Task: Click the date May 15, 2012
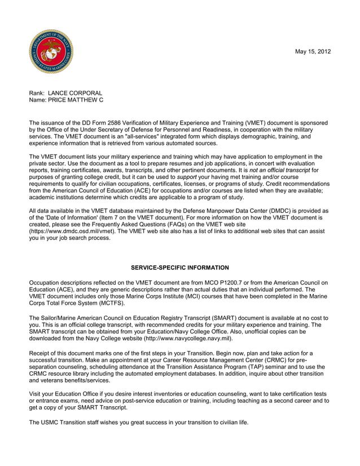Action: (x=313, y=52)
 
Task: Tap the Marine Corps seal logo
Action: (x=51, y=52)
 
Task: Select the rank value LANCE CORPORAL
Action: (x=75, y=93)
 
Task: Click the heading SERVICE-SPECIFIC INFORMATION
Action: (x=179, y=267)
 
